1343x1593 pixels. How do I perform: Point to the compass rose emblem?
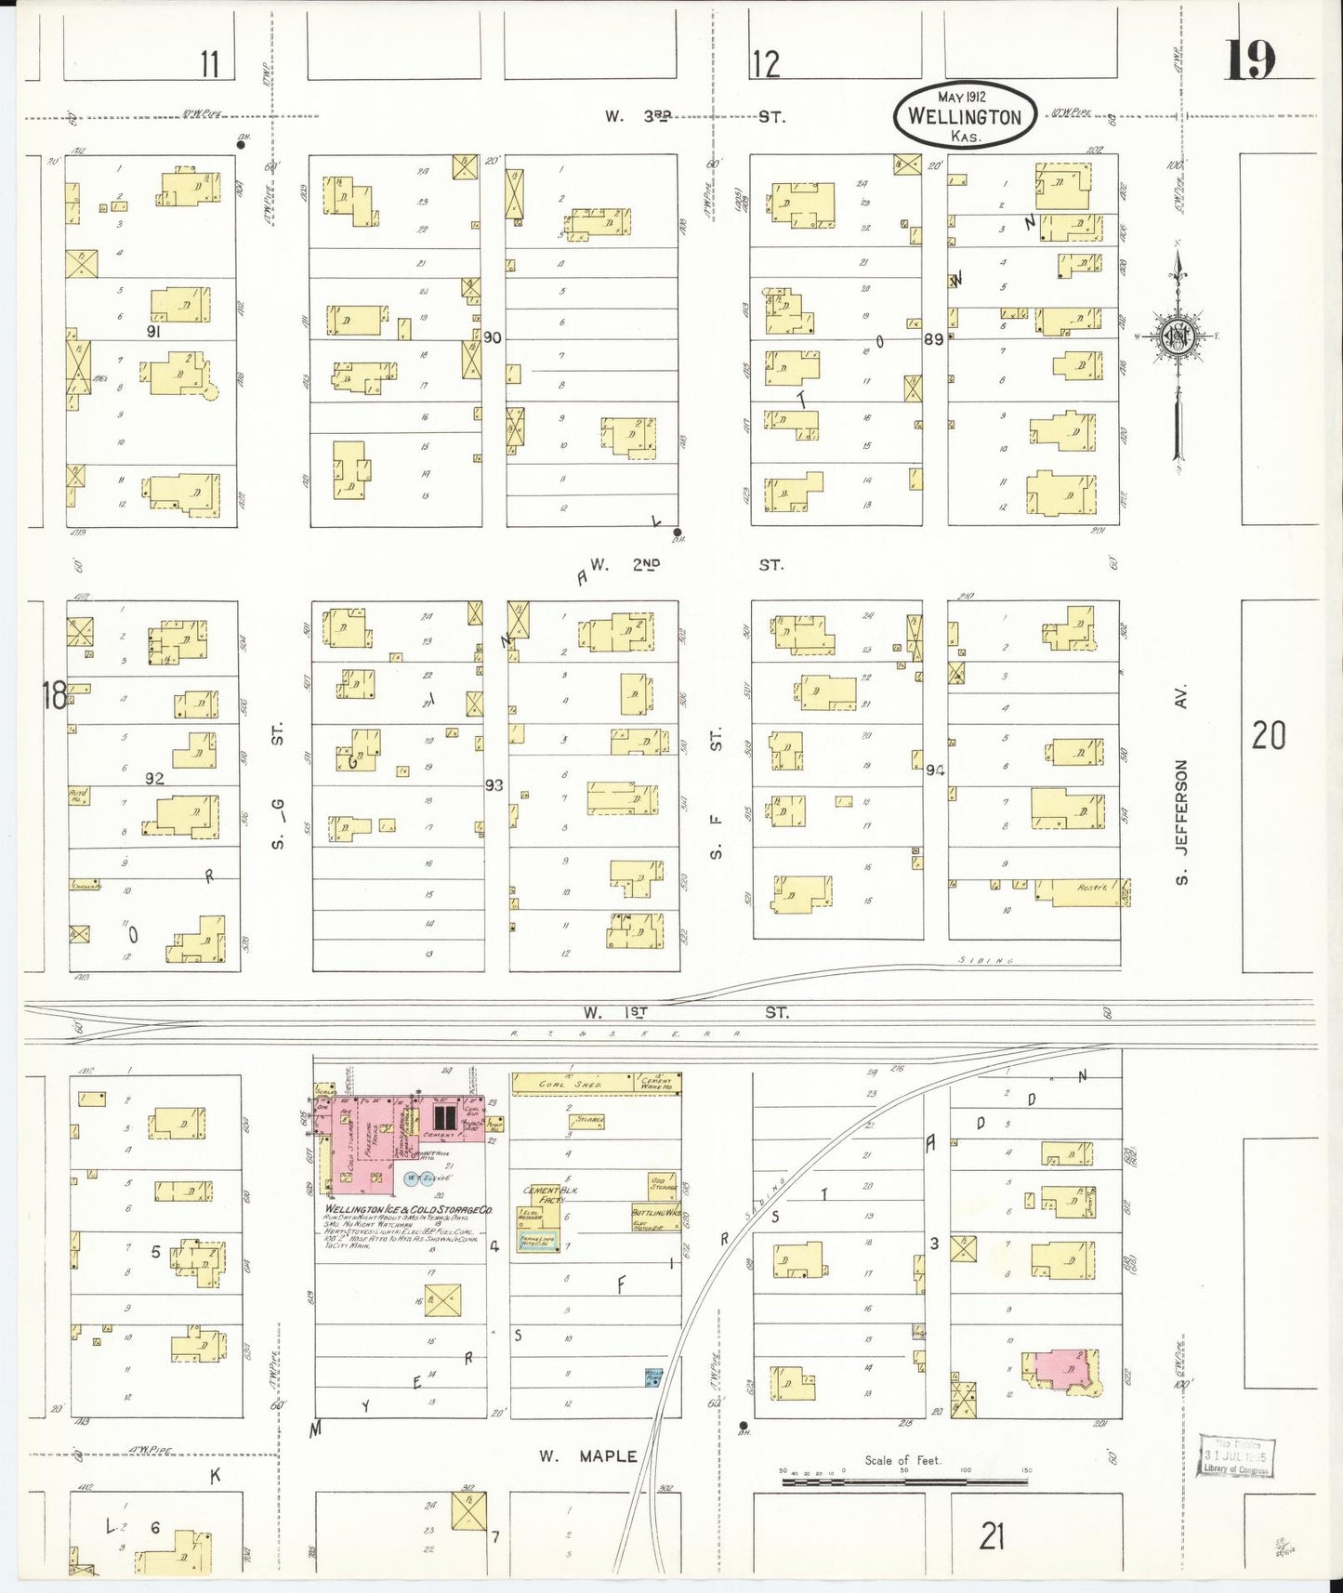pyautogui.click(x=1178, y=336)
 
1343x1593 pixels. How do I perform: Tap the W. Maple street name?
pyautogui.click(x=589, y=1455)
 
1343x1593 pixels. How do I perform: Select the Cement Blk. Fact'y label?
pyautogui.click(x=542, y=1194)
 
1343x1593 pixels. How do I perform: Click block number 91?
pyautogui.click(x=154, y=331)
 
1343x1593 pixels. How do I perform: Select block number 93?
pyautogui.click(x=494, y=785)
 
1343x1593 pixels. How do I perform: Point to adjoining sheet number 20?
pyautogui.click(x=1268, y=736)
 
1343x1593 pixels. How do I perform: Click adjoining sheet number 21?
pyautogui.click(x=992, y=1536)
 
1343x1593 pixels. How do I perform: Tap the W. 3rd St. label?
pyautogui.click(x=693, y=117)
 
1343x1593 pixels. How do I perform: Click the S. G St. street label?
pyautogui.click(x=277, y=785)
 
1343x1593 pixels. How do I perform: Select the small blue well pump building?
pyautogui.click(x=653, y=1376)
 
